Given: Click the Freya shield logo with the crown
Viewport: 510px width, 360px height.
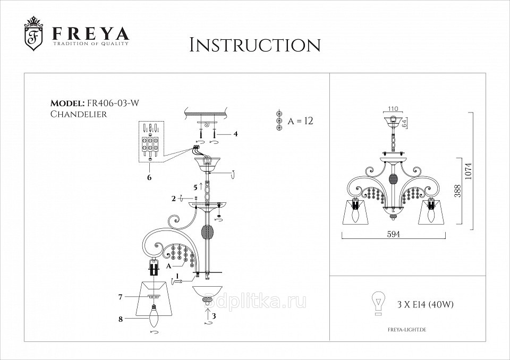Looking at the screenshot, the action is point(34,34).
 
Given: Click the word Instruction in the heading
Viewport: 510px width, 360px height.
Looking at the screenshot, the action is point(255,45).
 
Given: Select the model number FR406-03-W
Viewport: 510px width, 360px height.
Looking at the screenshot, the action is point(112,104).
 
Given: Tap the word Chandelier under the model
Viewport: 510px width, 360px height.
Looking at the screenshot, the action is point(79,114).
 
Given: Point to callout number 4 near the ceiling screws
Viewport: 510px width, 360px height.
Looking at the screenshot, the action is point(235,134).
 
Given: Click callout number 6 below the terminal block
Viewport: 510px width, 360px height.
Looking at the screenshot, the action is point(149,177).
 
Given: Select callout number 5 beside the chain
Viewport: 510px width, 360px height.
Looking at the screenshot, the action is point(195,187).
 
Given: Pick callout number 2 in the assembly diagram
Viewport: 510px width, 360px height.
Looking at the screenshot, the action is point(174,199).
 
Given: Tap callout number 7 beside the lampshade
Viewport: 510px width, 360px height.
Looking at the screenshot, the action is point(120,297).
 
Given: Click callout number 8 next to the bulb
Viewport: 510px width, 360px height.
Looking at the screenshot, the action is point(121,319).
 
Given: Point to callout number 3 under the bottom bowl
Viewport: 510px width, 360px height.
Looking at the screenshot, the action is point(214,315).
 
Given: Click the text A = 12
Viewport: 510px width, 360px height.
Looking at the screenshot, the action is point(300,121).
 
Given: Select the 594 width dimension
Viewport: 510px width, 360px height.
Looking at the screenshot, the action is point(394,234).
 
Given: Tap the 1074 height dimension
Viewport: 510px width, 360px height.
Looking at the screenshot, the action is point(468,171).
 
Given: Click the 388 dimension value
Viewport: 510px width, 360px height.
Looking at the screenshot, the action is point(457,191).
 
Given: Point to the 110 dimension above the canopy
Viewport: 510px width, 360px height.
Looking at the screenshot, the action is point(393,109).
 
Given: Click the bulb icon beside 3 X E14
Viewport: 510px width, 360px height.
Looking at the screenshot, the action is point(378,303).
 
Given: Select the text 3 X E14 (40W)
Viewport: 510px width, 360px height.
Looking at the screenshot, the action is point(426,305).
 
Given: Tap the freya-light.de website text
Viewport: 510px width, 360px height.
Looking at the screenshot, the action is point(407,330).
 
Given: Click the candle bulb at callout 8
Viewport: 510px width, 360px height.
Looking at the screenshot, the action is point(153,315).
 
